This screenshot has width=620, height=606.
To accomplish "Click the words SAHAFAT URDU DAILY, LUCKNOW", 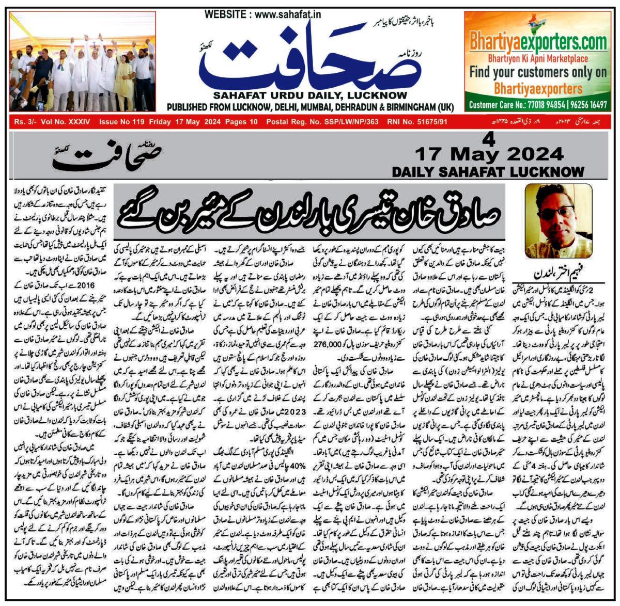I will (x=310, y=95).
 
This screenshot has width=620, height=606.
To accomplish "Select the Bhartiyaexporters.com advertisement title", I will (x=538, y=41).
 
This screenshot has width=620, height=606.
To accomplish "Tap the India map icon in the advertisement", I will (x=538, y=23).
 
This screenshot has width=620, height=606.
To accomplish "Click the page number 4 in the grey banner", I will (x=489, y=139).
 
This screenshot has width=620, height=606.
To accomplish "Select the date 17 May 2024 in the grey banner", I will (x=488, y=154).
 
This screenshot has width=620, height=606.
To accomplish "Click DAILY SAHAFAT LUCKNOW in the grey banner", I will (x=488, y=171).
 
